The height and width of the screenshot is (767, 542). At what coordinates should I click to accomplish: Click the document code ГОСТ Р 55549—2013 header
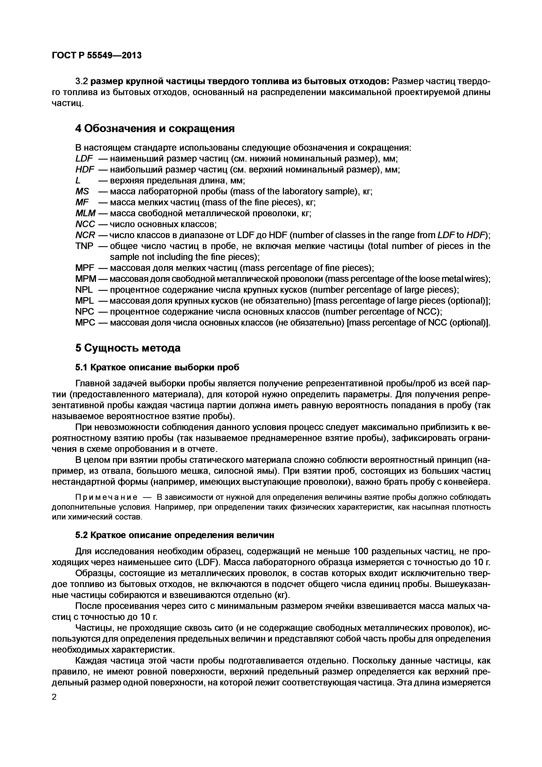(97, 56)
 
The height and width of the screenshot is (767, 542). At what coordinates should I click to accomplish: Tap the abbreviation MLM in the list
(85, 213)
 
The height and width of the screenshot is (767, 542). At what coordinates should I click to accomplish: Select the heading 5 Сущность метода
(128, 348)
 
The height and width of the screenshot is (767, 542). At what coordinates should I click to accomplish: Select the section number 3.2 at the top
(82, 81)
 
